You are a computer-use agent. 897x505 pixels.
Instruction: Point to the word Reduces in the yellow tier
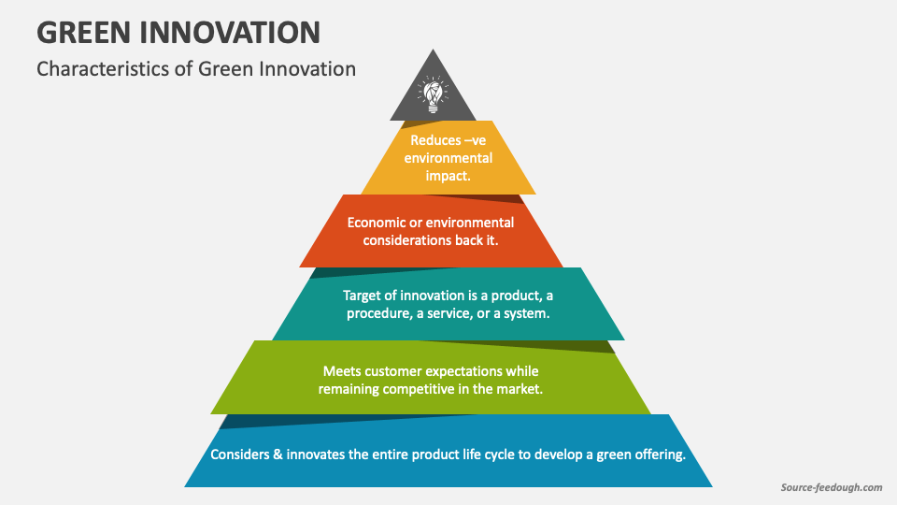coord(435,140)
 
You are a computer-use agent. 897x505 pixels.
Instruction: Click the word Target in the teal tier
coord(364,296)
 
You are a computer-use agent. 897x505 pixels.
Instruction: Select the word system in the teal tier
coord(525,313)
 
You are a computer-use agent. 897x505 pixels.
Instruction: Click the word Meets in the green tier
coord(342,371)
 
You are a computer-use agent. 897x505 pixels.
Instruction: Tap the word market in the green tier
coord(520,389)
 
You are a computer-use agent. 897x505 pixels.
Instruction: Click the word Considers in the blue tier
coord(241,454)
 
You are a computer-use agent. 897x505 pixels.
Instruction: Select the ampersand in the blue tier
coord(280,454)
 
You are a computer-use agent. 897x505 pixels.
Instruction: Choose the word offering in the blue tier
coord(658,454)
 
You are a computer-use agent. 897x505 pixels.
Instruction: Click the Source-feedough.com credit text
coord(831,487)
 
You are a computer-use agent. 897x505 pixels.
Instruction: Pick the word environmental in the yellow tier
coord(448,158)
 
